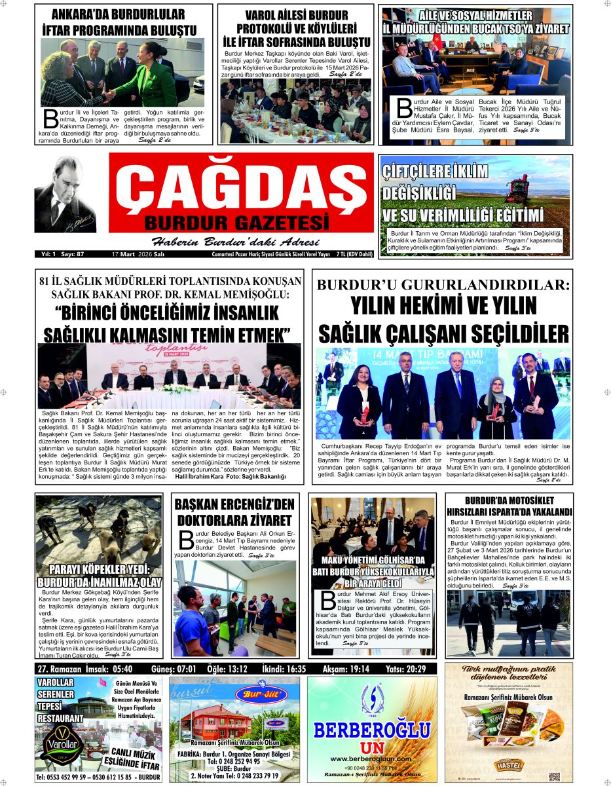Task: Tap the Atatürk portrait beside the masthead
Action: pyautogui.click(x=65, y=195)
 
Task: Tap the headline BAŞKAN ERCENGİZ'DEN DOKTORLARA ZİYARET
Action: pyautogui.click(x=234, y=513)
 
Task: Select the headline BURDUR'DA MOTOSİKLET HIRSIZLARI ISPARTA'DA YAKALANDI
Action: pyautogui.click(x=509, y=506)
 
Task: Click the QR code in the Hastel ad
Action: pyautogui.click(x=555, y=775)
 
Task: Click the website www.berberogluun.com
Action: pyautogui.click(x=372, y=758)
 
